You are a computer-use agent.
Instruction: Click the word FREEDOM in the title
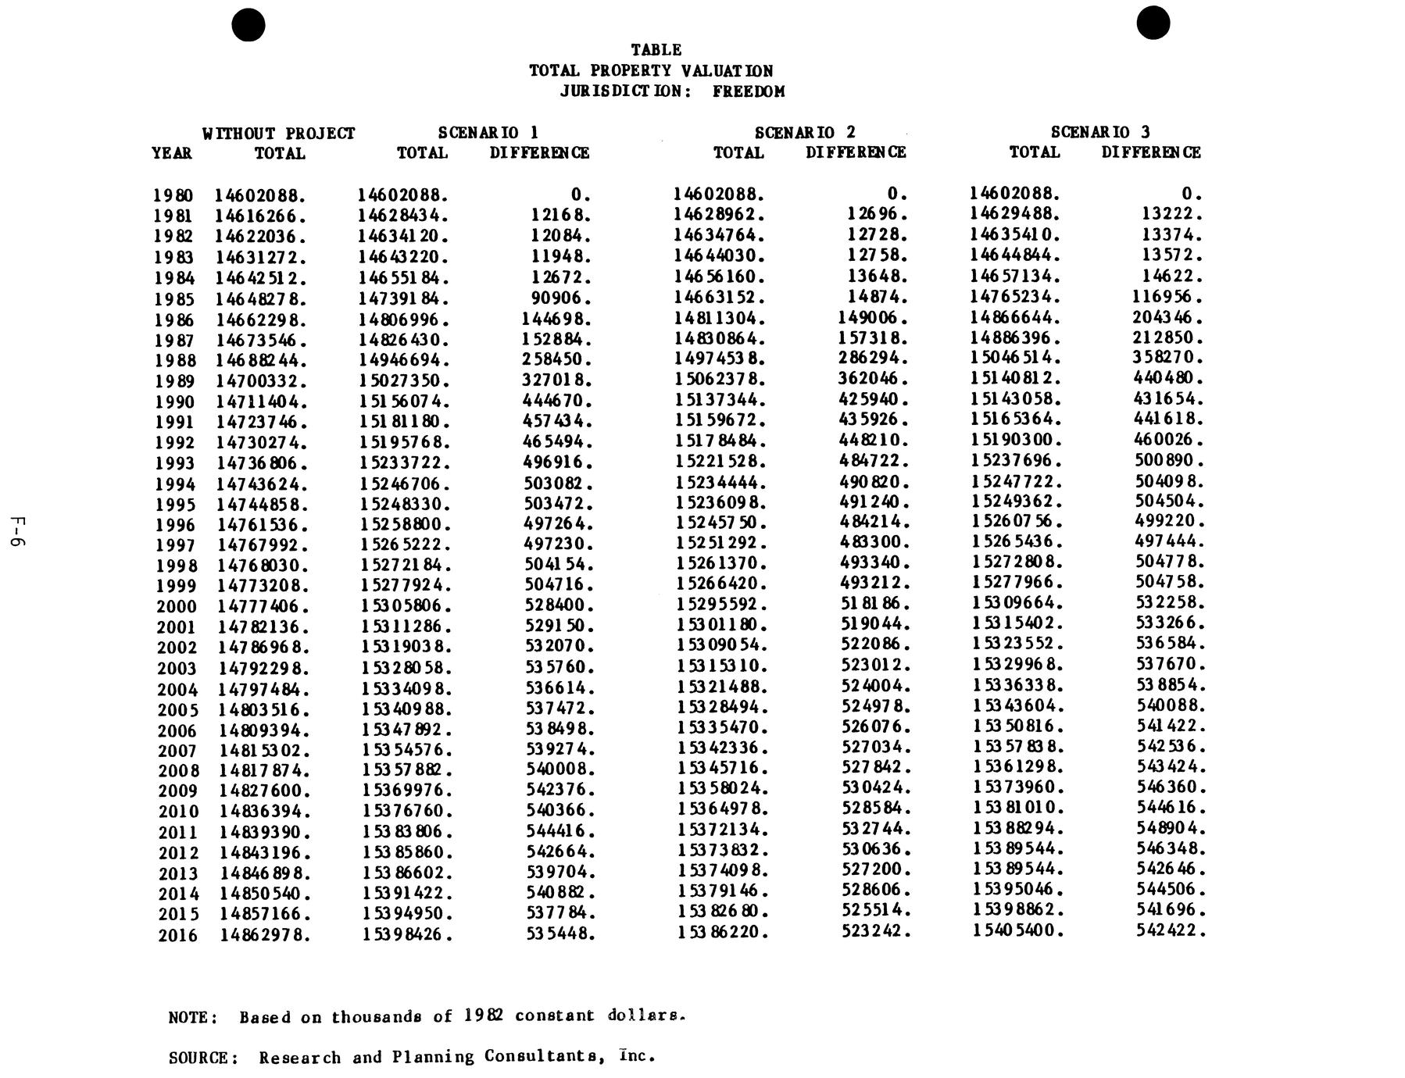748,91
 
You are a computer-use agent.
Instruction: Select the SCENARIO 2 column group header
805,133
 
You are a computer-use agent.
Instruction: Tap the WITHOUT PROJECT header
279,134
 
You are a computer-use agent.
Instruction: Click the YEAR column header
172,153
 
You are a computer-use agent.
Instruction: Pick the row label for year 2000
177,607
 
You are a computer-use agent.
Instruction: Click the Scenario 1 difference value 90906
560,298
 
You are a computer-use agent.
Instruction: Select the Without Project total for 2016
265,935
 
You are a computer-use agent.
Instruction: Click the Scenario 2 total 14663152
720,297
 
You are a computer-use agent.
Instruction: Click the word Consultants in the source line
545,1056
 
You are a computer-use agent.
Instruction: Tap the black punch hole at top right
1153,23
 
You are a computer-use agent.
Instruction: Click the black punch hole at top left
248,25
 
